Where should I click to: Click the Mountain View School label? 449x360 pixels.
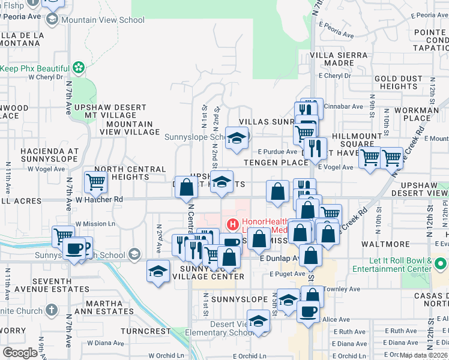pos(103,20)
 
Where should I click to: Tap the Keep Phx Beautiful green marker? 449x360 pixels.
pos(78,66)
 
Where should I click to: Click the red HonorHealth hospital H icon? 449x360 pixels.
pos(232,225)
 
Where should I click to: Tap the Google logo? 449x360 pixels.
pos(20,353)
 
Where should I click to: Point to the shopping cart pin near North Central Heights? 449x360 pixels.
pos(95,181)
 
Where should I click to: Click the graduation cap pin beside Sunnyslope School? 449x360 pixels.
pos(237,138)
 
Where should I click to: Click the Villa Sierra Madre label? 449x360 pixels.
pos(339,59)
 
